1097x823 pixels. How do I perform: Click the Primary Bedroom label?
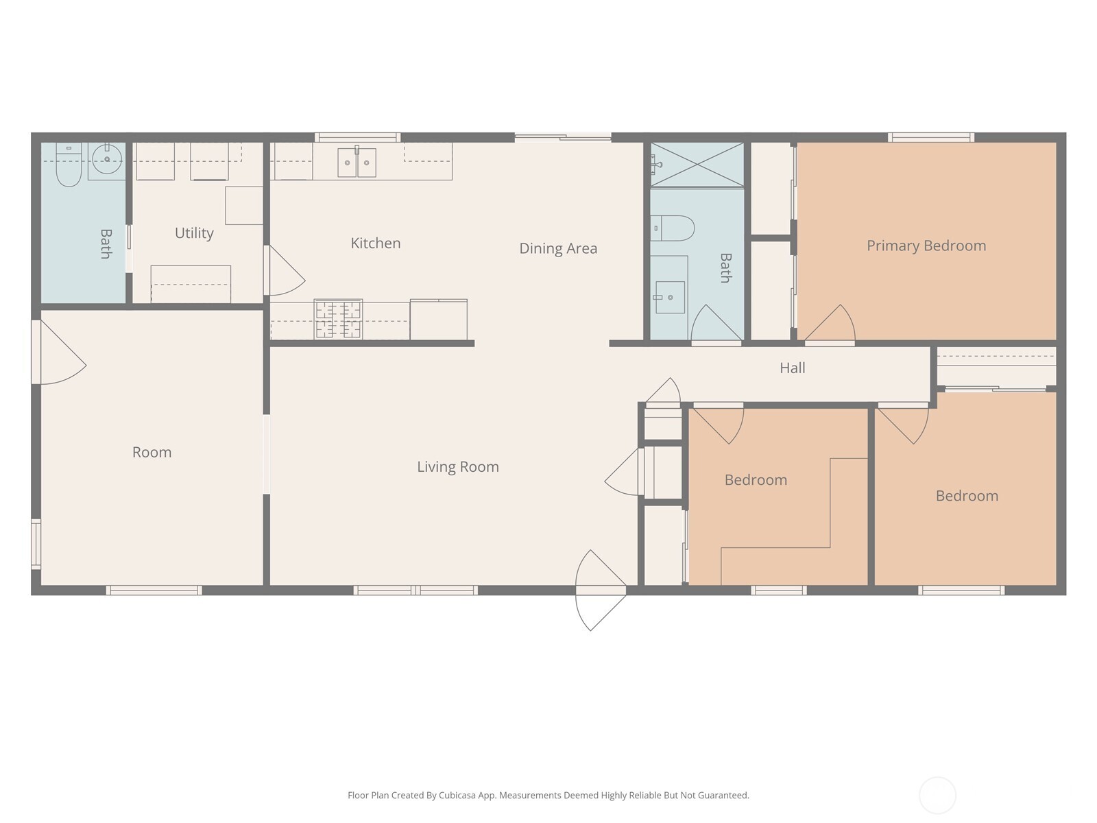point(926,246)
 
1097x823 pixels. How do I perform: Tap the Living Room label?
point(458,467)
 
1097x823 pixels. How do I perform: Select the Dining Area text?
point(557,248)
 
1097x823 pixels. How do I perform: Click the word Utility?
point(194,233)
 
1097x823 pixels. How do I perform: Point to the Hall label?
point(792,368)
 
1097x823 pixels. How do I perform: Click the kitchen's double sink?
point(357,163)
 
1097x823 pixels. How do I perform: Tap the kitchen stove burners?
point(338,320)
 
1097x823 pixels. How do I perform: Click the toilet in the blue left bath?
point(68,167)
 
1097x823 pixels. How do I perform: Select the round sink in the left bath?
point(106,160)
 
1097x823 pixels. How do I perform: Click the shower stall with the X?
point(697,165)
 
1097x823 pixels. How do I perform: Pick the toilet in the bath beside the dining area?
point(673,228)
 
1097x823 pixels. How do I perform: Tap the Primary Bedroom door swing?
point(832,325)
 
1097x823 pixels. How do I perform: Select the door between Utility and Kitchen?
point(283,271)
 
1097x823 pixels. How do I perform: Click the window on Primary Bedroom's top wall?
point(930,137)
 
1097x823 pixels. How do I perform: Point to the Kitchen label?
point(375,243)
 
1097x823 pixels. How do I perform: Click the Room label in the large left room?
point(152,453)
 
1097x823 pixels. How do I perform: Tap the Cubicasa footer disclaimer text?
point(548,796)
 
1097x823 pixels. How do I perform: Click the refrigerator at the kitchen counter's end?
point(439,320)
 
